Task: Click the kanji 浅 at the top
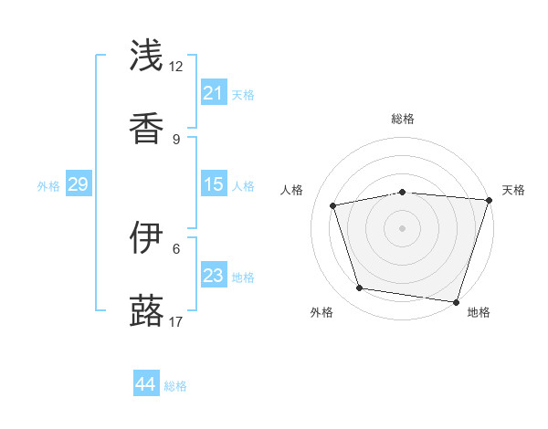(146, 56)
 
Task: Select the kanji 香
(146, 129)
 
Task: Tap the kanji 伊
(146, 238)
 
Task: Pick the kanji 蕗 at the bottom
(146, 311)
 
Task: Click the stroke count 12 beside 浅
(176, 66)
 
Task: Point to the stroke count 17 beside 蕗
(176, 321)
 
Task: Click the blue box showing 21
(214, 93)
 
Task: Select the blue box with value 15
(214, 184)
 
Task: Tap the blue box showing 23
(214, 276)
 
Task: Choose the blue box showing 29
(78, 184)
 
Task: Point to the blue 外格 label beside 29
(48, 186)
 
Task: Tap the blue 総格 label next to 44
(175, 386)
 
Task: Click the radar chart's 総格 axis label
(403, 119)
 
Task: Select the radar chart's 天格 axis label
(513, 190)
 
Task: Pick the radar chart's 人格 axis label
(291, 190)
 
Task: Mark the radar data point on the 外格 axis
(360, 288)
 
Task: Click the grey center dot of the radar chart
(403, 228)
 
